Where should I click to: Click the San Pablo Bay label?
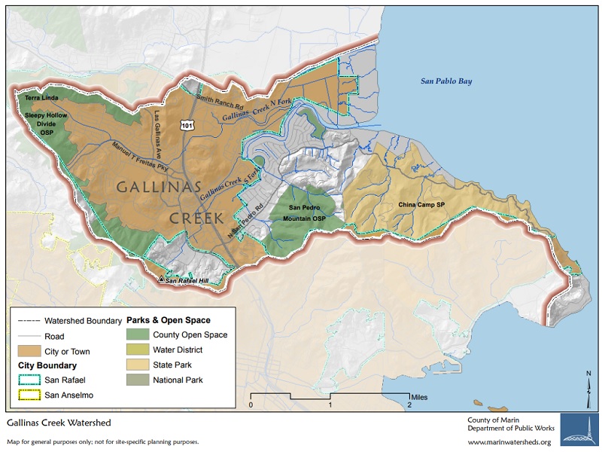point(445,81)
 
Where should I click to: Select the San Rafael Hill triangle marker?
point(160,279)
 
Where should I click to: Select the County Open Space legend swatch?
point(140,334)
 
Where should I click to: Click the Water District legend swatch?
point(140,350)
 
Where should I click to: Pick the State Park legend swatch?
point(140,365)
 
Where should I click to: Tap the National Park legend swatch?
point(140,380)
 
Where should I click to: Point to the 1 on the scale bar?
point(330,404)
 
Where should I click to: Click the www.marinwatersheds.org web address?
point(509,442)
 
